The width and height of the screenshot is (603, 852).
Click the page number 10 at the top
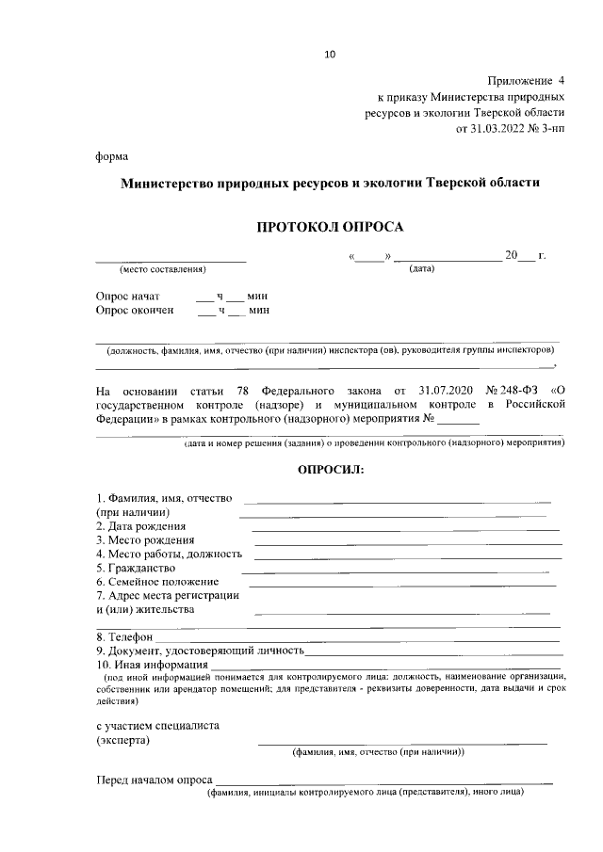click(x=330, y=54)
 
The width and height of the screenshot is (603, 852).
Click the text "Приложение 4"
click(x=527, y=81)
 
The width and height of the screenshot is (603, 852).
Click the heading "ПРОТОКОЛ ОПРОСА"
click(x=330, y=227)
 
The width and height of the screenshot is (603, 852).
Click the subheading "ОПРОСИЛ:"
click(x=330, y=468)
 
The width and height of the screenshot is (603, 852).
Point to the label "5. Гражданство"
click(x=136, y=569)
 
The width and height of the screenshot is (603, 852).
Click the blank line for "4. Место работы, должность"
click(x=407, y=557)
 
